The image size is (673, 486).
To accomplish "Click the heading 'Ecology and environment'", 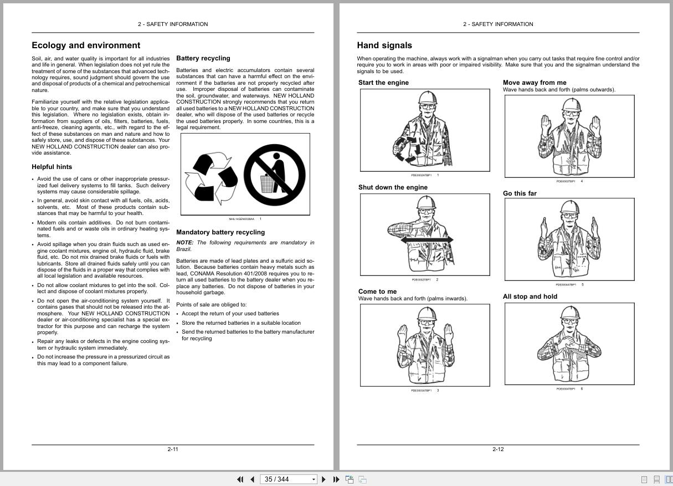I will [86, 45].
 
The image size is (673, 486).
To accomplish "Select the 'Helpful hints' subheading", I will [52, 167].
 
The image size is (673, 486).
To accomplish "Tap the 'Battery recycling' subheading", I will [203, 58].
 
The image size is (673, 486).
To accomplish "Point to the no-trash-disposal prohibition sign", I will [274, 175].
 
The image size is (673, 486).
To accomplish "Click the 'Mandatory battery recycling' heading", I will [220, 232].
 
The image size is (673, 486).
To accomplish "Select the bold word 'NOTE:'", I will [185, 243].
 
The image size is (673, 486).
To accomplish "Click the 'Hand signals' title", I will [384, 45].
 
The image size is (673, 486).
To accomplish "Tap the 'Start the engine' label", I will [383, 83].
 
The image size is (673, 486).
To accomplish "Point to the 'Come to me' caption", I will [377, 291].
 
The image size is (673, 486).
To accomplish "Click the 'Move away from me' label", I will [535, 83].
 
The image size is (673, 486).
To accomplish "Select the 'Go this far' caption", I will [520, 193].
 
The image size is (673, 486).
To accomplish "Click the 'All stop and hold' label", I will [530, 296].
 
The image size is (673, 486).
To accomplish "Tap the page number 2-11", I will [173, 449].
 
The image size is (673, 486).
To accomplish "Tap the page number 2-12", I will [498, 449].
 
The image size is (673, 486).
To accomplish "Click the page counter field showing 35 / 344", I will [285, 479].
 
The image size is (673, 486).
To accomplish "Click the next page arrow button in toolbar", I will [324, 479].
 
